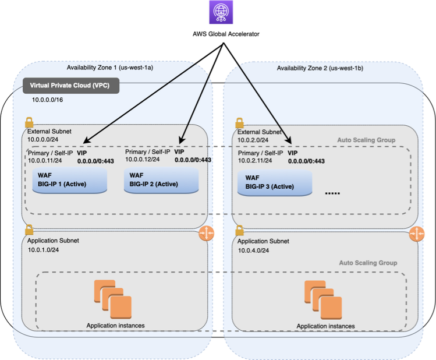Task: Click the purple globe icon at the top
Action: click(221, 13)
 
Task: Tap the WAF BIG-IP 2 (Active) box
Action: click(161, 182)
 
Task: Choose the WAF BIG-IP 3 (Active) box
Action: click(275, 183)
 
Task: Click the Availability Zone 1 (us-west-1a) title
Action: click(110, 68)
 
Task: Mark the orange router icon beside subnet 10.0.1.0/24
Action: click(207, 234)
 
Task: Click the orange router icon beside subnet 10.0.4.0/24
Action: click(417, 234)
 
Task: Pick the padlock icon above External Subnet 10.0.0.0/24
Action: click(29, 123)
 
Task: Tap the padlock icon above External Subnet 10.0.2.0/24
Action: click(239, 123)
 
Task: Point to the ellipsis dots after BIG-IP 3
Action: click(332, 192)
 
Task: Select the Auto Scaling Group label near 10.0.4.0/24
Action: click(368, 263)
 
